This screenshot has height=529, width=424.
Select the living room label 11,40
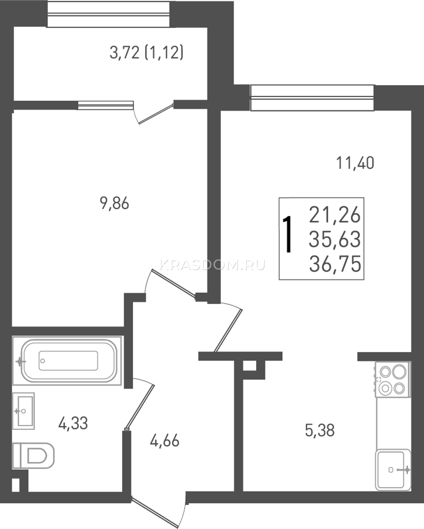tap(355, 163)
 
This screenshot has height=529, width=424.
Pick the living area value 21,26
tap(335, 215)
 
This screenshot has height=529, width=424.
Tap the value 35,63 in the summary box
tap(335, 239)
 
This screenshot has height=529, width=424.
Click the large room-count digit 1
tap(287, 234)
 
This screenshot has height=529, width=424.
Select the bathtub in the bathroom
tap(67, 361)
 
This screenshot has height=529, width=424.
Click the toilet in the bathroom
tap(33, 455)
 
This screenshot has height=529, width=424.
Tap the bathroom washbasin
tap(23, 411)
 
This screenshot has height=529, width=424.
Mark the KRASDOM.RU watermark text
tap(212, 265)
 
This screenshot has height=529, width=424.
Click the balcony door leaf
tap(156, 114)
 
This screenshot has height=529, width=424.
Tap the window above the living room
tap(312, 98)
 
